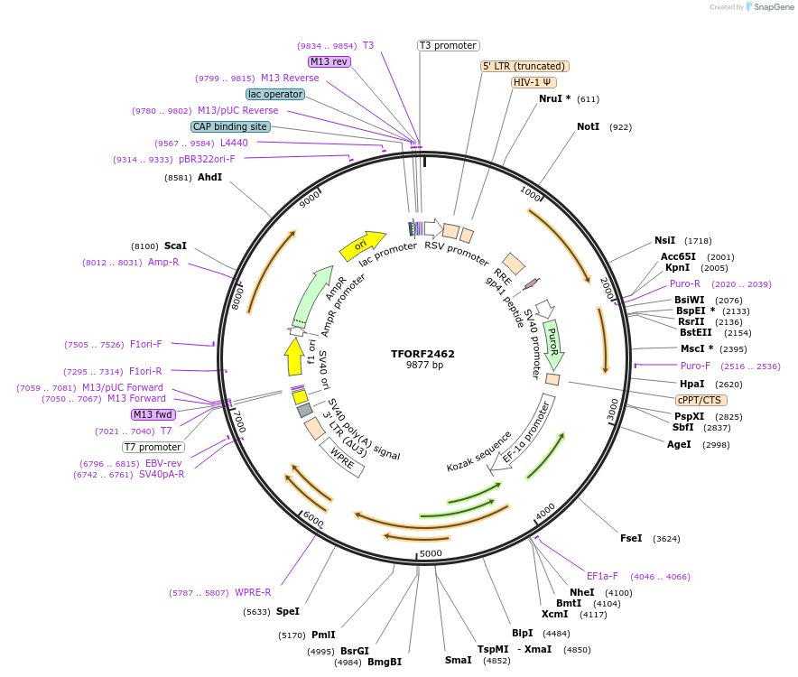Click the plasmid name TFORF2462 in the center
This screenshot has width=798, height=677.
pyautogui.click(x=422, y=354)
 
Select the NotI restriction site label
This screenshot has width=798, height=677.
pyautogui.click(x=588, y=127)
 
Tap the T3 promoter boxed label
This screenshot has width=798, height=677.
pyautogui.click(x=448, y=45)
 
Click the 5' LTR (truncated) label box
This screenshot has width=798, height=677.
pyautogui.click(x=524, y=66)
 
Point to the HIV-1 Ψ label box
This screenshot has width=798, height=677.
pyautogui.click(x=534, y=82)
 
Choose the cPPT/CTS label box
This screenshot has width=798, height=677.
pyautogui.click(x=701, y=400)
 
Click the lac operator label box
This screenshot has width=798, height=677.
pyautogui.click(x=275, y=94)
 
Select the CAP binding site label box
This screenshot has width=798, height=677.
pyautogui.click(x=230, y=126)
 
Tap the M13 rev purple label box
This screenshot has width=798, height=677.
pyautogui.click(x=329, y=61)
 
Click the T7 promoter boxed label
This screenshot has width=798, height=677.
pyautogui.click(x=153, y=447)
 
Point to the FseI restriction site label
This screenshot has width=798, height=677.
pyautogui.click(x=631, y=538)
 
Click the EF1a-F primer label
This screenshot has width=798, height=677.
pyautogui.click(x=602, y=576)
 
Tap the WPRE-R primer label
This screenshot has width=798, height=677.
pyautogui.click(x=253, y=593)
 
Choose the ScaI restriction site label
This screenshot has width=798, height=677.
pyautogui.click(x=175, y=246)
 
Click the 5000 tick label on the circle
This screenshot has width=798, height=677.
pyautogui.click(x=431, y=553)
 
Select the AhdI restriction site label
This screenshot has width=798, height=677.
pyautogui.click(x=209, y=178)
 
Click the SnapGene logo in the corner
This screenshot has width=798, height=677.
pyautogui.click(x=767, y=7)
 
